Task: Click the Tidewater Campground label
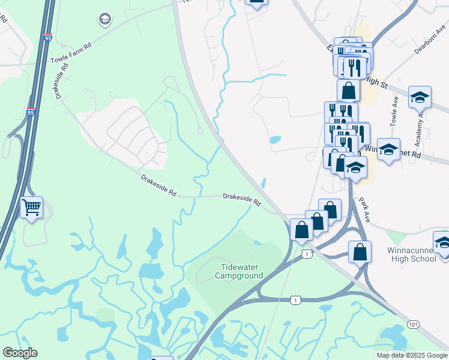click(x=239, y=271)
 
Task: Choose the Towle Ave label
click(x=394, y=111)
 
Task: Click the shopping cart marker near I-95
click(x=31, y=208)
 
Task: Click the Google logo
click(x=20, y=353)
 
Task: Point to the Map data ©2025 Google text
click(x=411, y=355)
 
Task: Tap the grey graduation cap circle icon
click(x=105, y=20)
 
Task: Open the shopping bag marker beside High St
click(x=349, y=91)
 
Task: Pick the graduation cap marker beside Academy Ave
click(x=420, y=97)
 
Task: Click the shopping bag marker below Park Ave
click(x=360, y=252)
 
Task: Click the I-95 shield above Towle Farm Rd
click(x=48, y=38)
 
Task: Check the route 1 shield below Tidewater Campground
click(x=295, y=299)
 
